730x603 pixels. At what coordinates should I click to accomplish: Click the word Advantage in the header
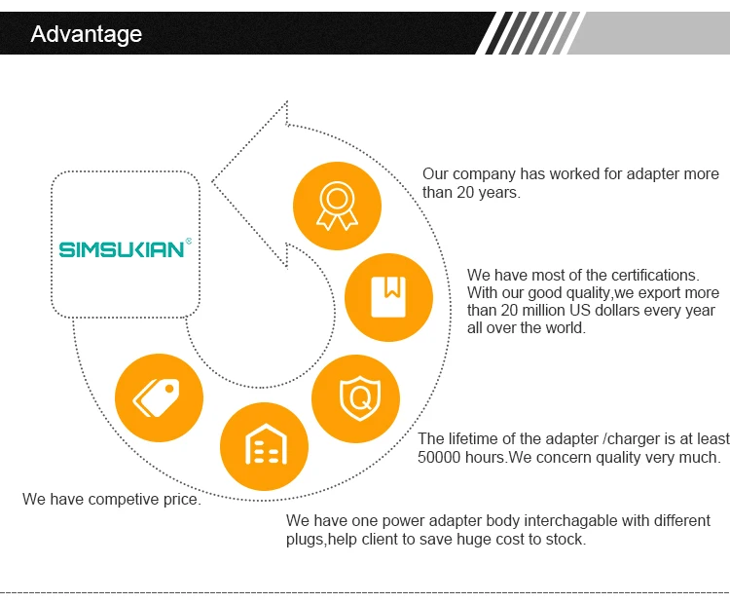click(86, 34)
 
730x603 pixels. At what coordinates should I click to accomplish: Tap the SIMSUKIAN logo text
click(121, 249)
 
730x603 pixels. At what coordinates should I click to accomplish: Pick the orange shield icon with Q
click(355, 398)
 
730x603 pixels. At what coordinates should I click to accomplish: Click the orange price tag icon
click(159, 397)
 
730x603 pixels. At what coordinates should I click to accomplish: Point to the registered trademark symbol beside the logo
click(188, 240)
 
